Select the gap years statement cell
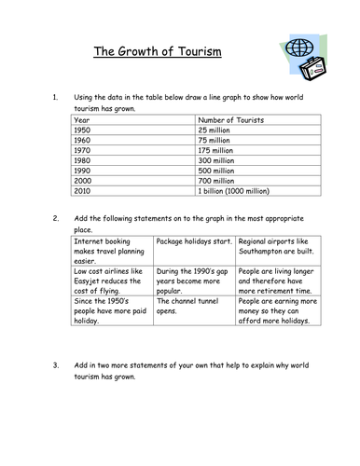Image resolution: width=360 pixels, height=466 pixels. pyautogui.click(x=194, y=278)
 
